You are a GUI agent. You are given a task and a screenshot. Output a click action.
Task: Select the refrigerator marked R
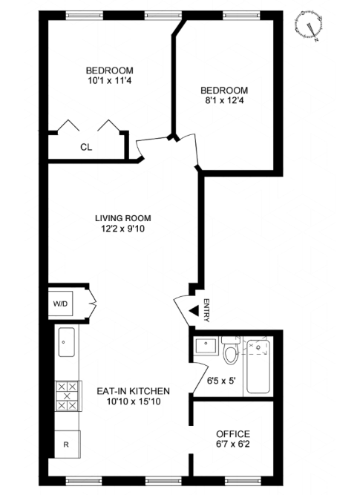click(x=66, y=445)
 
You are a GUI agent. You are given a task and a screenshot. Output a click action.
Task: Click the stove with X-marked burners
click(x=67, y=397)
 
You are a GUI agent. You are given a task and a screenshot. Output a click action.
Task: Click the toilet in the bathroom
click(x=230, y=352)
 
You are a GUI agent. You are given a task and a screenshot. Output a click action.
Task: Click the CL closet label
click(x=86, y=147)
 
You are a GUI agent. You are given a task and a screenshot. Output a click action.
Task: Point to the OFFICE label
click(x=232, y=434)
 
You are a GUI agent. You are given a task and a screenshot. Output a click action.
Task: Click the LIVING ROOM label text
click(x=122, y=218)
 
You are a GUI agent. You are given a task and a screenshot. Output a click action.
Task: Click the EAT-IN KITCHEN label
click(x=134, y=390)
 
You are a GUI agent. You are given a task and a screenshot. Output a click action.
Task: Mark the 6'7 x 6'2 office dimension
click(x=232, y=445)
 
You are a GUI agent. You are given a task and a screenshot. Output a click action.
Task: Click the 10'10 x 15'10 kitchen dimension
click(x=134, y=401)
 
